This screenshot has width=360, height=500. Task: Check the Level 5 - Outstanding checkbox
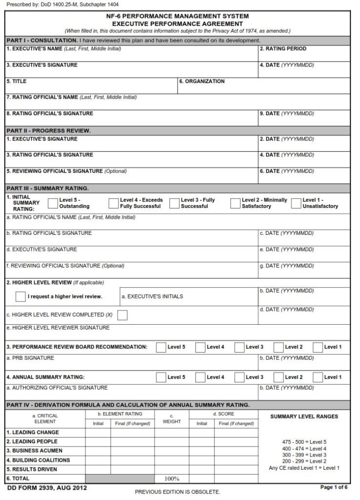point(53,203)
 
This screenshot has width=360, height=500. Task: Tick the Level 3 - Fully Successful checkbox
point(174,203)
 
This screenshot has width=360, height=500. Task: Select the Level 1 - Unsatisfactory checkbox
point(296,203)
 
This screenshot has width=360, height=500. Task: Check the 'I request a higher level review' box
point(20,296)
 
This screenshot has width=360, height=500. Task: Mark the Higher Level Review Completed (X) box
point(122,315)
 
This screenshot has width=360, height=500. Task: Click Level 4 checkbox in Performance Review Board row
point(200,347)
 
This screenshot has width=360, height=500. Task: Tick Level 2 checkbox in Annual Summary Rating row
point(279,377)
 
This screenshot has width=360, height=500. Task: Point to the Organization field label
point(202,82)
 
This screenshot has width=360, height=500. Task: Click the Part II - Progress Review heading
point(49,131)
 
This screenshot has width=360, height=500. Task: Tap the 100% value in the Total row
point(172,479)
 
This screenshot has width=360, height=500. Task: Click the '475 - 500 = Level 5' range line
point(304,442)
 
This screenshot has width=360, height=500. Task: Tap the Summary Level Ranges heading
point(304,417)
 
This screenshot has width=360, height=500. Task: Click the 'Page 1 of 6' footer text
point(334,487)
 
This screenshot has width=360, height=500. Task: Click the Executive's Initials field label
point(152,296)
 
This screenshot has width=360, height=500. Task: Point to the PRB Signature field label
point(30,358)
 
